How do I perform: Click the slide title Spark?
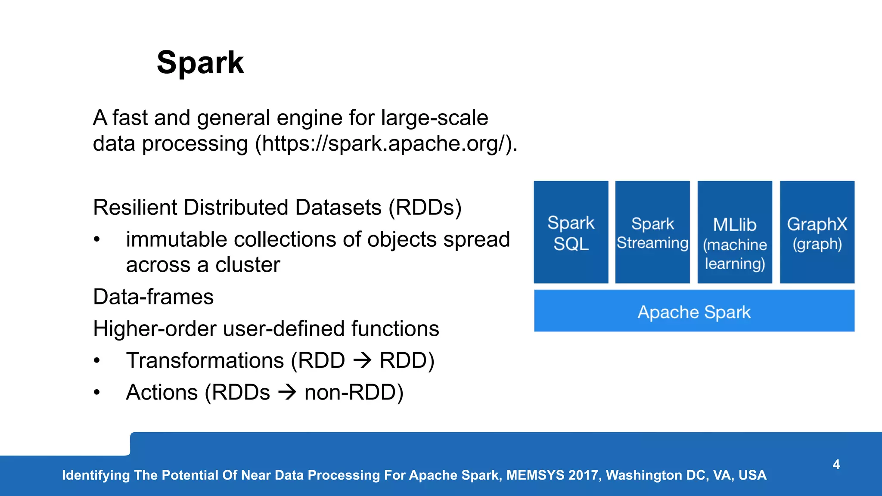point(200,63)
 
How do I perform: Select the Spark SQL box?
point(571,232)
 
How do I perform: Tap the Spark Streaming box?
point(652,232)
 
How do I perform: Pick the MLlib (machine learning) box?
point(734,232)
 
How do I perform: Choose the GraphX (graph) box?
point(817,232)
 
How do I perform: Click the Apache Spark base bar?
point(694,311)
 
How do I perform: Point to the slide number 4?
point(836,465)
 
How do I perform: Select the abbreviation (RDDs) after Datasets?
point(425,208)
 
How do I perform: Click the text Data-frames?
point(153,297)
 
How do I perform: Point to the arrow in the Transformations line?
point(362,360)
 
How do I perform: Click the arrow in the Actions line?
point(287,392)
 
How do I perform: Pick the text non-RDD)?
point(354,392)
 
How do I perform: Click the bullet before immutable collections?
point(97,239)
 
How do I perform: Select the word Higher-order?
point(154,329)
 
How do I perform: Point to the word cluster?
point(248,265)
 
